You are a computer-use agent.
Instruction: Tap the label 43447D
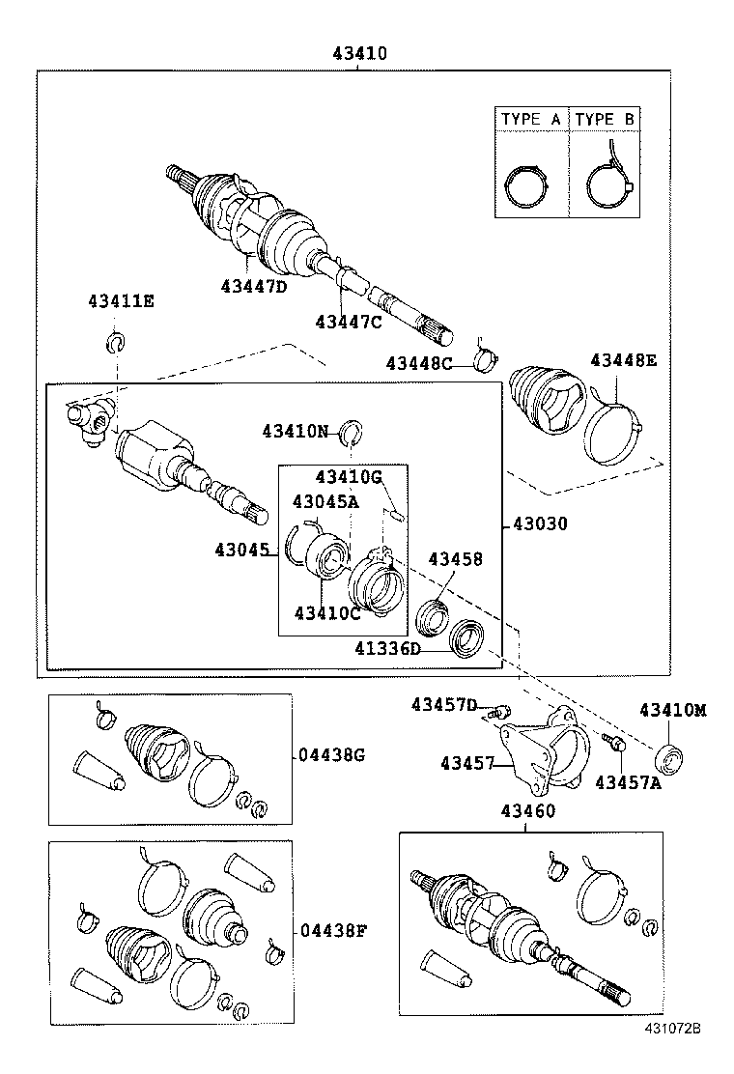click(254, 286)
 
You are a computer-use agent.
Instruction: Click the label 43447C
click(349, 322)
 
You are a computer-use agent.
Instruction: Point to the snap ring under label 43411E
click(114, 341)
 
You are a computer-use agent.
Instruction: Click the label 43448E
click(624, 360)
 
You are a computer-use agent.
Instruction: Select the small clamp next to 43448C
click(487, 360)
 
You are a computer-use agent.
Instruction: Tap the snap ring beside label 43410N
click(351, 432)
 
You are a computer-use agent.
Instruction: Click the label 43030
click(540, 524)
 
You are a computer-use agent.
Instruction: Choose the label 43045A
click(325, 501)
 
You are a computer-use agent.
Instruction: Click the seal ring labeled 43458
click(431, 613)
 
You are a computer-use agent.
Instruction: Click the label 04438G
click(332, 756)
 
